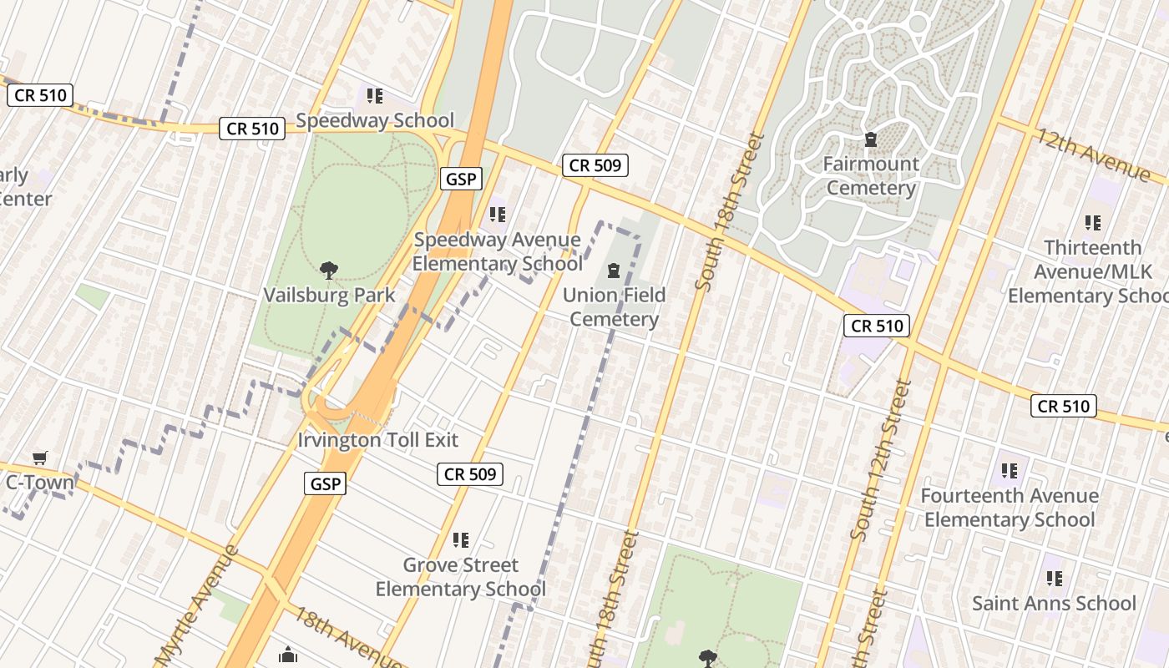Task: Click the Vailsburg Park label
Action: [x=329, y=296]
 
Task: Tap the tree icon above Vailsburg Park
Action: [x=329, y=270]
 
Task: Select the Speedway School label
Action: [x=375, y=121]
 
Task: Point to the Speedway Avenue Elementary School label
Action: [x=498, y=252]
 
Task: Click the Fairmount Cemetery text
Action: [x=871, y=175]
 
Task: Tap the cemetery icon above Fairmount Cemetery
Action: [x=871, y=139]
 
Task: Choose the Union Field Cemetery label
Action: [x=614, y=306]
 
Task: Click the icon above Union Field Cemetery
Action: [x=614, y=271]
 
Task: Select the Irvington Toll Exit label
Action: [x=378, y=440]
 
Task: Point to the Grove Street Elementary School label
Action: [x=460, y=577]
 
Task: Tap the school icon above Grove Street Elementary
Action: [x=460, y=540]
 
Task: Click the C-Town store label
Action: [x=39, y=482]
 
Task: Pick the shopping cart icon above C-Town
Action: [x=39, y=458]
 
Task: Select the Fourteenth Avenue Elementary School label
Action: [x=1009, y=508]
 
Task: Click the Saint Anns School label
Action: [x=1054, y=603]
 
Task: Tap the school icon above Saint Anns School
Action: [x=1055, y=578]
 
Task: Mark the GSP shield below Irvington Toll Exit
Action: [x=325, y=483]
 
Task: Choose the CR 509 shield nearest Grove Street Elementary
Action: [x=470, y=474]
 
